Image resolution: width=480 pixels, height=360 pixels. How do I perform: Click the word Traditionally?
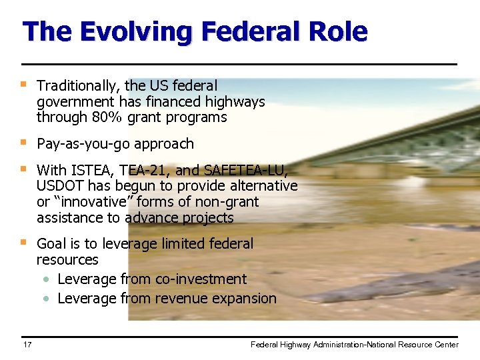[x=79, y=85]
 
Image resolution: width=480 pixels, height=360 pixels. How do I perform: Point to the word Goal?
[x=51, y=244]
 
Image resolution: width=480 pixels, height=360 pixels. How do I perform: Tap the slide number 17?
[x=27, y=345]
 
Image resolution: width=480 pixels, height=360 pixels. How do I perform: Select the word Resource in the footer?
[x=415, y=345]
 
